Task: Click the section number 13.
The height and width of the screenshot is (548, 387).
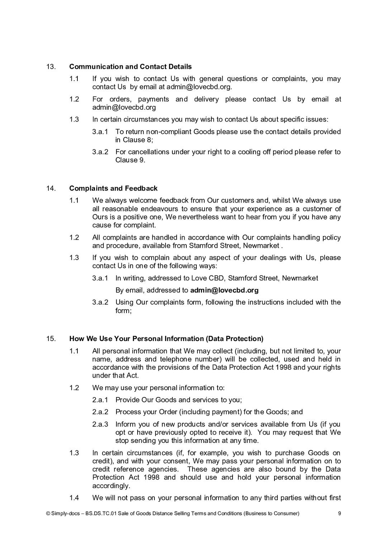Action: [x=51, y=67]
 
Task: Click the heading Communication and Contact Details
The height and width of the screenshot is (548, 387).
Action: [x=130, y=67]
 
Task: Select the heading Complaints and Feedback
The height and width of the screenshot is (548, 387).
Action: [x=113, y=188]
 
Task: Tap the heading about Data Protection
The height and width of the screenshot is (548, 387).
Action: [x=166, y=339]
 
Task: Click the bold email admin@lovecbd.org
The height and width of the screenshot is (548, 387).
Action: [x=224, y=290]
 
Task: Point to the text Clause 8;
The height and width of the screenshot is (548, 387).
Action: [x=134, y=140]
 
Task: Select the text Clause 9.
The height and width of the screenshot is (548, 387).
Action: [x=130, y=160]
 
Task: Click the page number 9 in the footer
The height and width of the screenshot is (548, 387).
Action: [x=339, y=513]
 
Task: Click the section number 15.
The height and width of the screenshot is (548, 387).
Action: [x=51, y=339]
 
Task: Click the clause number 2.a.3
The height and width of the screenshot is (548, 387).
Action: [x=100, y=424]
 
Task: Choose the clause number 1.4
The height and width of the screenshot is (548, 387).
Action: [x=74, y=498]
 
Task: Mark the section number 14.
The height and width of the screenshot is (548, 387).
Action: [x=51, y=188]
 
